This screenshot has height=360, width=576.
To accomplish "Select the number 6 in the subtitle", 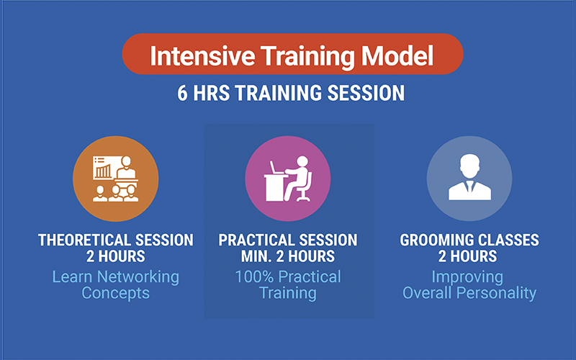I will [x=183, y=94].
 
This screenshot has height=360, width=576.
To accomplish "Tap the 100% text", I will [x=253, y=276].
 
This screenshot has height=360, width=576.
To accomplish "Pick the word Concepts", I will [x=115, y=293].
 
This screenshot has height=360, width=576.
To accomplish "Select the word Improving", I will [x=468, y=276].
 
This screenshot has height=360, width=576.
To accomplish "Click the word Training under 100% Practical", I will [x=288, y=293].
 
